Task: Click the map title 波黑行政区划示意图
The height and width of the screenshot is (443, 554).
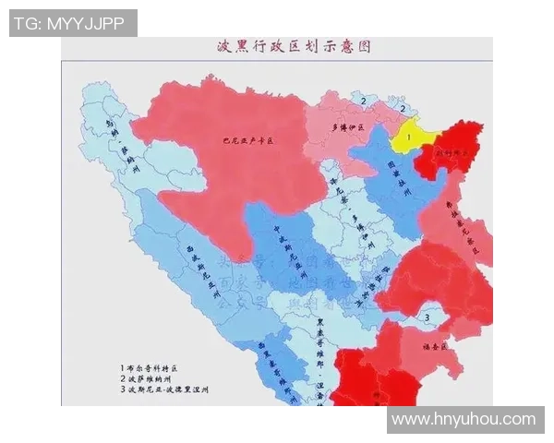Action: click(277, 46)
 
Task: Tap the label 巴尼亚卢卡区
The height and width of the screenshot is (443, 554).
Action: click(249, 142)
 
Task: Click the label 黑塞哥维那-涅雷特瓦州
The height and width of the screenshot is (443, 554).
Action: click(319, 355)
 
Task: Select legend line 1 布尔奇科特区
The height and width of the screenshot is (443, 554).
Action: click(161, 366)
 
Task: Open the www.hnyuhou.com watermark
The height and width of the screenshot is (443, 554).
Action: click(463, 420)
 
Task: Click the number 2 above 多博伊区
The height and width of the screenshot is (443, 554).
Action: click(364, 102)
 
